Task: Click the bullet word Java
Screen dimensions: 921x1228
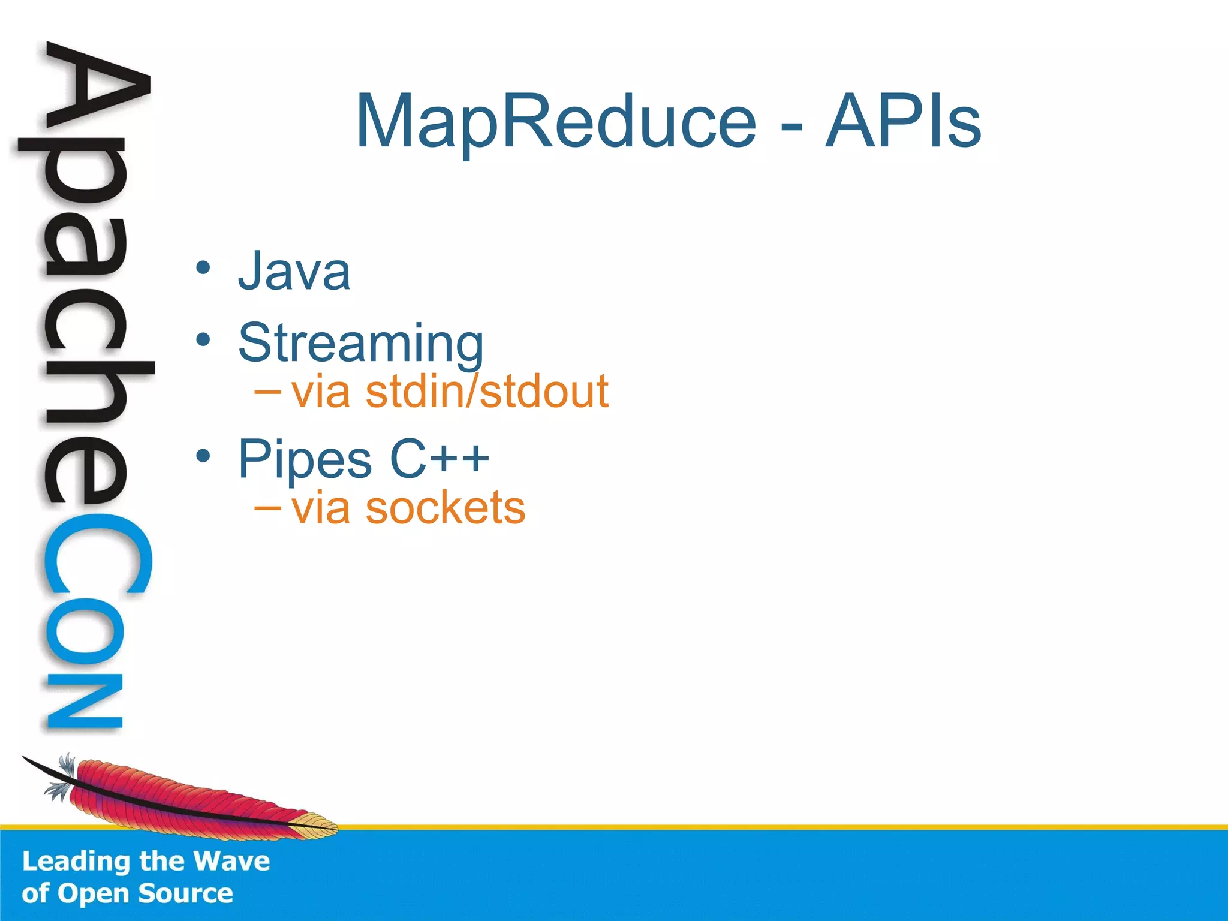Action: (294, 272)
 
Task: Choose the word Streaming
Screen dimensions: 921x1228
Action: (360, 343)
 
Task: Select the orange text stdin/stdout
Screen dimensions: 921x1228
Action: (487, 392)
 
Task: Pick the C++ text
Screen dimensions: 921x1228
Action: (440, 459)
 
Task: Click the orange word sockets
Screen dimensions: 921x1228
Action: (445, 508)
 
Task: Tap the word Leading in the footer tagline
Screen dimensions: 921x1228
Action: (76, 862)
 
